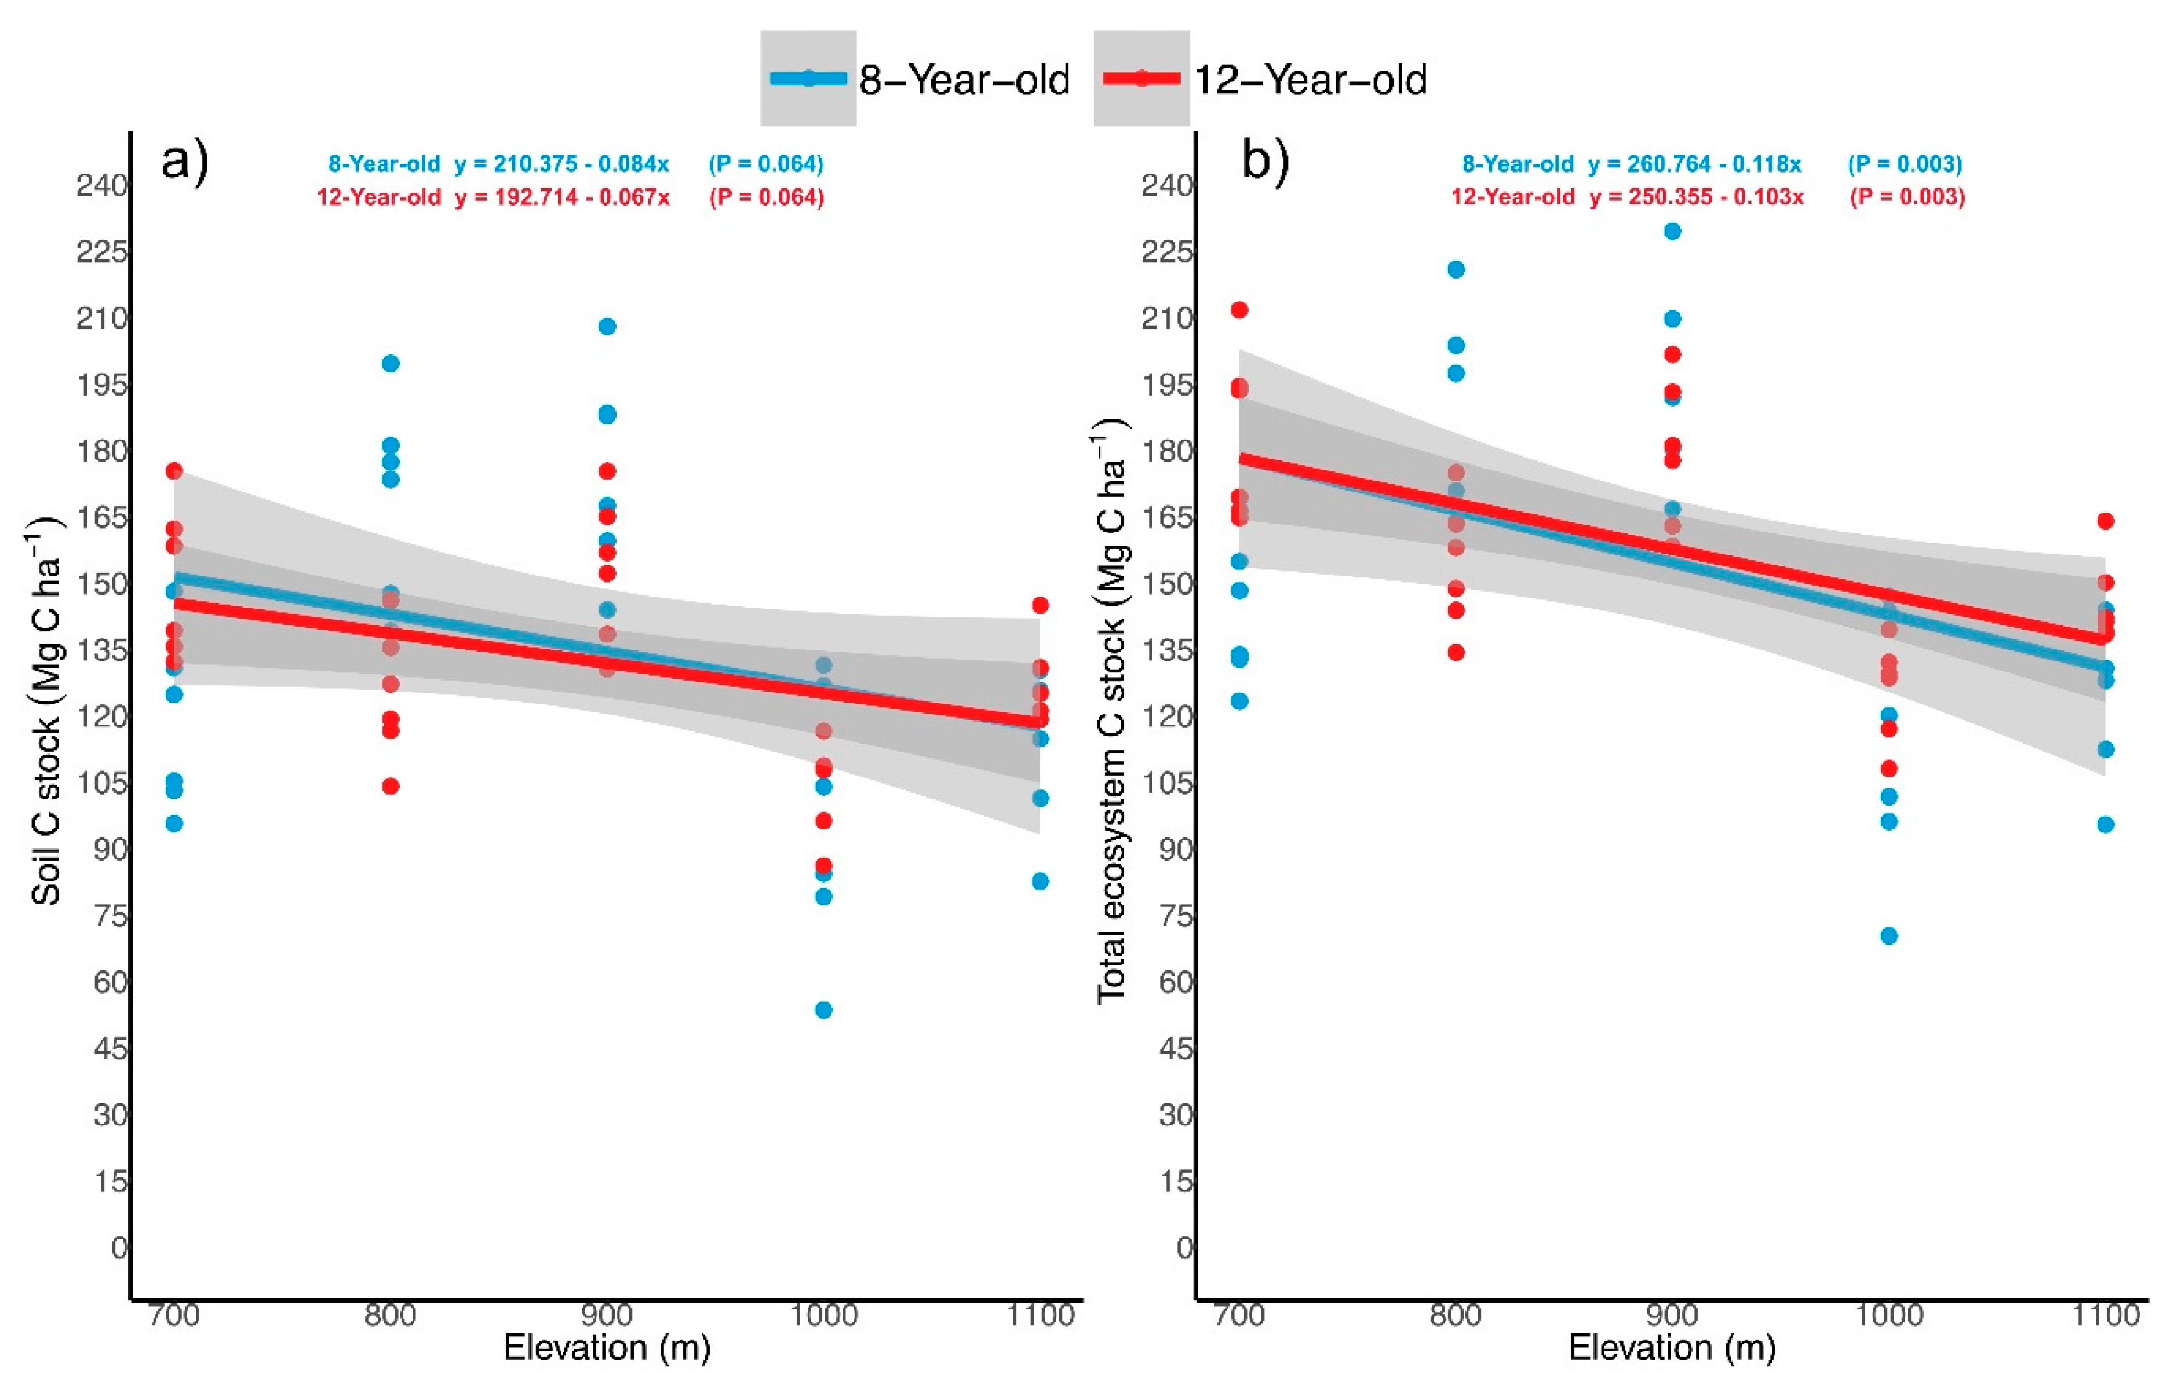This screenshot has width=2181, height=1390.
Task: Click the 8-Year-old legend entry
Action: [x=917, y=80]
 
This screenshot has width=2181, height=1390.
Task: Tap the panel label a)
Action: [x=184, y=163]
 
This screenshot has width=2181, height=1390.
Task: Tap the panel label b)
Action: [x=1265, y=163]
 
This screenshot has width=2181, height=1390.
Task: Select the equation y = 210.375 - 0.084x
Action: [x=561, y=164]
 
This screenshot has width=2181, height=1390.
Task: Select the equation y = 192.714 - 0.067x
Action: [x=561, y=196]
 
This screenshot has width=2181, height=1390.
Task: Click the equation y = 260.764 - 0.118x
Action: [x=1695, y=164]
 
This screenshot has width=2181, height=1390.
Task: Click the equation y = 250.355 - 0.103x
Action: [x=1695, y=196]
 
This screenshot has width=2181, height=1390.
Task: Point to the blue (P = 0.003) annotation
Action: [x=1905, y=164]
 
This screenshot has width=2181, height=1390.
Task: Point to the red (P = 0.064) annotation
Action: [x=766, y=196]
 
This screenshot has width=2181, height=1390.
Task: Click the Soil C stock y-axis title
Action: [x=45, y=710]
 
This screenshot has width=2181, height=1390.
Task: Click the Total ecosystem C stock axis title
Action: [x=1111, y=710]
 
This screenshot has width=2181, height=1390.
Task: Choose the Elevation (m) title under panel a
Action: [x=607, y=1348]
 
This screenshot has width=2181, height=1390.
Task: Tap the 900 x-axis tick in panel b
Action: [x=1672, y=1314]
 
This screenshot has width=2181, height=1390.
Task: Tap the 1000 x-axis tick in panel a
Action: [x=823, y=1314]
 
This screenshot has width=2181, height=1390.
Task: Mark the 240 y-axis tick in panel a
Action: [x=101, y=186]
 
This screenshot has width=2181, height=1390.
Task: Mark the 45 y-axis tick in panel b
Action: [x=1176, y=1049]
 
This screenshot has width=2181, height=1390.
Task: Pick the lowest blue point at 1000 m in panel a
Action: [x=823, y=1009]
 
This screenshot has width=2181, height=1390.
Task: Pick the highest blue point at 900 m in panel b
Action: [x=1672, y=232]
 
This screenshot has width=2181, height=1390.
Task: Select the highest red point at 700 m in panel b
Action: [x=1239, y=310]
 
